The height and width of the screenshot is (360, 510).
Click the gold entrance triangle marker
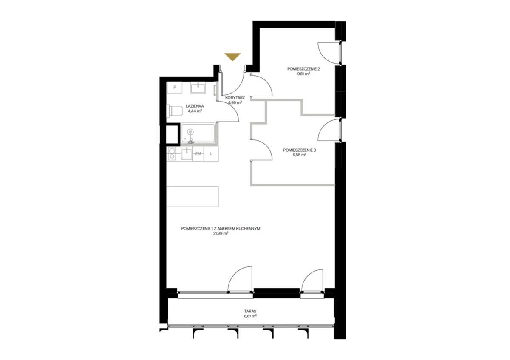[232, 57]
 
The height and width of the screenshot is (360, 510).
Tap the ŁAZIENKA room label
[195, 106]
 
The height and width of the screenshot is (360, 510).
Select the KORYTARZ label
[235, 98]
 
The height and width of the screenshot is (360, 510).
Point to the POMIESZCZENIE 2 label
[303, 69]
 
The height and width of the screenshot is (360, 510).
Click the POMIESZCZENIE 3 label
[299, 150]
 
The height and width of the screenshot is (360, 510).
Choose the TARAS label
[250, 311]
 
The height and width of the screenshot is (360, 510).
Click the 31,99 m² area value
[221, 233]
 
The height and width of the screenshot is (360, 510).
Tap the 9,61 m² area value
[303, 74]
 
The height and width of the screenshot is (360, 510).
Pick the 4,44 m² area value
[195, 111]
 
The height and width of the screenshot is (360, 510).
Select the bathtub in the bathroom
[198, 133]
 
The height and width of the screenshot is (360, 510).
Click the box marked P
[175, 88]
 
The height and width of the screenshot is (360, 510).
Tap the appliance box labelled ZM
[198, 154]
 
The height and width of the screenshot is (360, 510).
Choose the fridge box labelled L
[211, 154]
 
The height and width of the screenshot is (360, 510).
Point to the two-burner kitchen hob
[172, 154]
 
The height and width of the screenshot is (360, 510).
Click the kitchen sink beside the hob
[187, 153]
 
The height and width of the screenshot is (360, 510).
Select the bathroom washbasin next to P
[198, 88]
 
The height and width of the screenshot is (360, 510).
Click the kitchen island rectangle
[193, 196]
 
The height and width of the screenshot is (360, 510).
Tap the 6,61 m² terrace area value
[250, 316]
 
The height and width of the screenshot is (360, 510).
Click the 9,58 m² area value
[299, 155]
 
